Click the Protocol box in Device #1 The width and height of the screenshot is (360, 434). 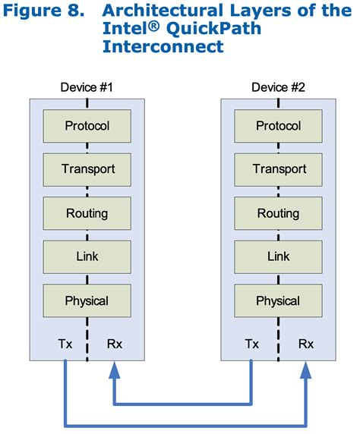coord(87,125)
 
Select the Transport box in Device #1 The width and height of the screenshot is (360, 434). coord(87,169)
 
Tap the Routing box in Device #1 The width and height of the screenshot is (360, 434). coord(87,213)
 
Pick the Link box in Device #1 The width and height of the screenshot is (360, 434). coord(87,256)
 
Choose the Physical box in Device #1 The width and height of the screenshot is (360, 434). coord(87,300)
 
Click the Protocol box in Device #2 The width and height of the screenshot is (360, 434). coord(278,125)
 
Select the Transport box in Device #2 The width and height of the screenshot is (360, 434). coord(278,169)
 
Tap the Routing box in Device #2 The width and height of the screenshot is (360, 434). coord(278,213)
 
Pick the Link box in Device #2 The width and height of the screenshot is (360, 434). coord(278,256)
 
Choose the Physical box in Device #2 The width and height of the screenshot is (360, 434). coord(278,300)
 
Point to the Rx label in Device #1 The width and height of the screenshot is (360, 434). coord(114,344)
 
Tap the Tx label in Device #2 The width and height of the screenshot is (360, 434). coord(252,344)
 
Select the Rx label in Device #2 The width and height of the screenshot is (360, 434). coord(305,344)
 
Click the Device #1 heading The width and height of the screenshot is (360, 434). coord(87,87)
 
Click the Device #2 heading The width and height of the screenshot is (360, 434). coord(278,87)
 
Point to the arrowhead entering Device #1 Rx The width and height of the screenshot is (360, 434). coord(113,370)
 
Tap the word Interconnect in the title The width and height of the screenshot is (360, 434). coord(163,47)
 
